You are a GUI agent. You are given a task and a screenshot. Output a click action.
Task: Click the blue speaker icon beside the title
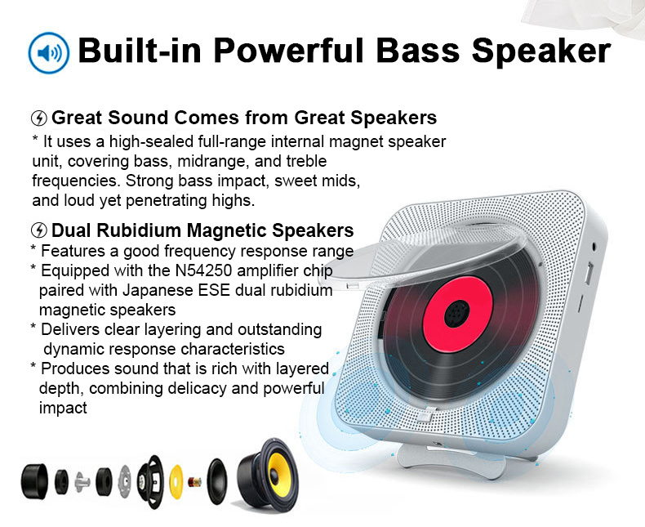pos(48,52)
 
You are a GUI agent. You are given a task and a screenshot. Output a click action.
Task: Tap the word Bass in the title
pos(417,51)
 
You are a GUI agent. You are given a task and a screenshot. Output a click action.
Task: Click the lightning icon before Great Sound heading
pos(39,118)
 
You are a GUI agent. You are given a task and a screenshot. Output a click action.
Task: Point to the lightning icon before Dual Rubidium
pos(39,230)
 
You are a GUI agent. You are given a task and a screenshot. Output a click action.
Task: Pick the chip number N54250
pos(203,270)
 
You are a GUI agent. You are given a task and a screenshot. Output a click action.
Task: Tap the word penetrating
pos(167,200)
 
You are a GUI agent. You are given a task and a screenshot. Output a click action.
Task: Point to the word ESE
pos(214,290)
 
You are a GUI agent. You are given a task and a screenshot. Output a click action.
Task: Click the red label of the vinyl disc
pos(457,314)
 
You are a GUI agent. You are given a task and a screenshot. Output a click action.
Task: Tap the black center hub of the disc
pos(456,314)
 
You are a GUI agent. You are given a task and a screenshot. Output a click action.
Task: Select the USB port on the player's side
pos(589,272)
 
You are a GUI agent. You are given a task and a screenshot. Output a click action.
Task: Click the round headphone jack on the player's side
pos(594,247)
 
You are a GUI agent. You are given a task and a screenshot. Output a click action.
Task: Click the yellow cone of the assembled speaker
pos(279,473)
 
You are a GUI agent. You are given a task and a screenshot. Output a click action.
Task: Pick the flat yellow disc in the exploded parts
pos(176,481)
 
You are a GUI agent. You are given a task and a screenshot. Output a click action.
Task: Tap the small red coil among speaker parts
pos(194,482)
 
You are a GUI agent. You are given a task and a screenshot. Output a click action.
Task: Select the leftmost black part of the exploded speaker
pos(34,482)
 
